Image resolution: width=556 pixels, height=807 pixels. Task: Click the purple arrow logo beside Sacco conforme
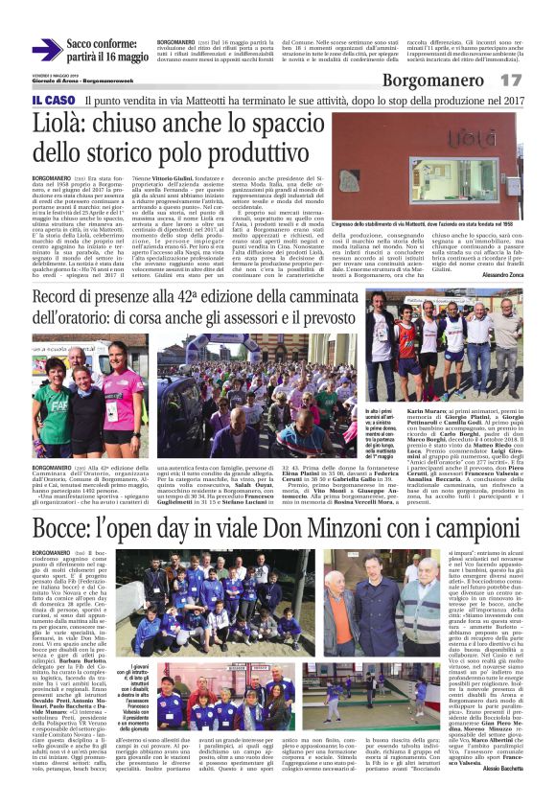pos(47,50)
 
